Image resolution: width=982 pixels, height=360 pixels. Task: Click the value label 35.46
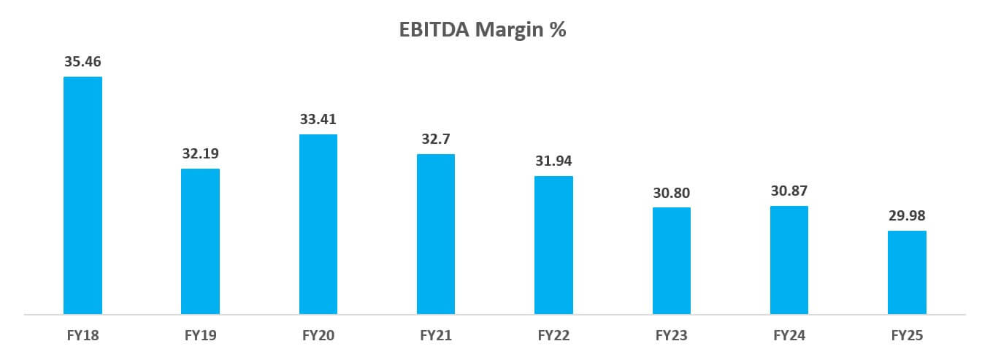tap(83, 61)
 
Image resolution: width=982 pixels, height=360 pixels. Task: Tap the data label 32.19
tap(200, 154)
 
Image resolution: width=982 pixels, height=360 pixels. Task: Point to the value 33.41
tap(318, 119)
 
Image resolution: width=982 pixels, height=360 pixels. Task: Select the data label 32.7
tap(436, 139)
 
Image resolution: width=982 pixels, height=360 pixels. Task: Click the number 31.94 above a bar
tap(553, 161)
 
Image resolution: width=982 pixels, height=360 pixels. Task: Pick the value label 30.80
tap(671, 193)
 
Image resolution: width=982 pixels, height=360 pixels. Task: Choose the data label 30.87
tap(789, 191)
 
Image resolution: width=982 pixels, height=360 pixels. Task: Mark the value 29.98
tap(907, 216)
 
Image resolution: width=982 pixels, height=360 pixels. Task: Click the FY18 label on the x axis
tap(83, 336)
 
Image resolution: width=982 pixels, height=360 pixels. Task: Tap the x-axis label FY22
tap(553, 336)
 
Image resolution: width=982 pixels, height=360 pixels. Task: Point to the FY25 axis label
tap(907, 336)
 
